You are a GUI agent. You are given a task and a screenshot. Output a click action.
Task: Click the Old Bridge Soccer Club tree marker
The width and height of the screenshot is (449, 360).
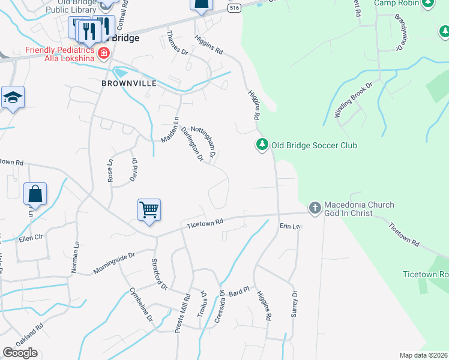[262, 145]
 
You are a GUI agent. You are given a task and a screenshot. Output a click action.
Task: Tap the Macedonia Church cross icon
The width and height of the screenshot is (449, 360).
[314, 208]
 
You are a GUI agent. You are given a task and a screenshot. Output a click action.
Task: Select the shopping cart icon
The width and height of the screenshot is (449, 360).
[149, 210]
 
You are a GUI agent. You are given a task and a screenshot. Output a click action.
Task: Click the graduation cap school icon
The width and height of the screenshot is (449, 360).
[12, 97]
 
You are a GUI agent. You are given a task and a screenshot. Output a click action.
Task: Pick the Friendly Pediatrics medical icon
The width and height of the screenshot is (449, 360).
[104, 53]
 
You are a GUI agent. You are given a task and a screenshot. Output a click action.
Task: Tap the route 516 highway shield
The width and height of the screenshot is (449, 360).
[235, 7]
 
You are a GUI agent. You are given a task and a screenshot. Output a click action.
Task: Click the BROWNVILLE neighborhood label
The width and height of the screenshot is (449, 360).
[128, 83]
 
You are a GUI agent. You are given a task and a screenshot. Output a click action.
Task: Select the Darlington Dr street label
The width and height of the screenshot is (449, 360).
[192, 144]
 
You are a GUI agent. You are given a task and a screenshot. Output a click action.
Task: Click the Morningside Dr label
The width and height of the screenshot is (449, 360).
[115, 263]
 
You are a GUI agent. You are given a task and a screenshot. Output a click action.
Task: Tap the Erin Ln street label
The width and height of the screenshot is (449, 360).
[289, 226]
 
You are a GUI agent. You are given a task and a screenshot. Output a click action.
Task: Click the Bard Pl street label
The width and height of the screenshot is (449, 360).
[238, 292]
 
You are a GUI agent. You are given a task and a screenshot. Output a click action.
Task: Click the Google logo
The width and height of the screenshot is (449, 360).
[20, 352]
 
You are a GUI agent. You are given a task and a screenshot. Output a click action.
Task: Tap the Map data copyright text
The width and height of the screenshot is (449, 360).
[424, 355]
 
